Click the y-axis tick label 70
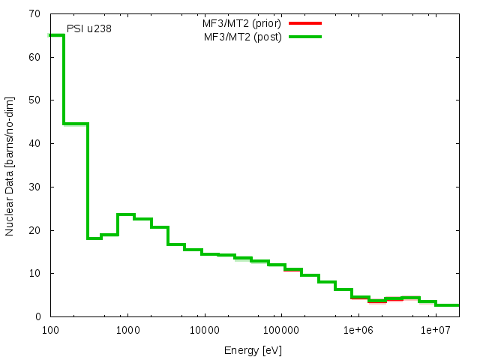pyautogui.click(x=35, y=13)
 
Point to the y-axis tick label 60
pyautogui.click(x=35, y=57)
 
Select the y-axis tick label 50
pyautogui.click(x=35, y=100)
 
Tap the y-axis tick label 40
pyautogui.click(x=35, y=143)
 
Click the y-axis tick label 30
pyautogui.click(x=35, y=187)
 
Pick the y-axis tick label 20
pyautogui.click(x=35, y=229)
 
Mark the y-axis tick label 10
pyautogui.click(x=35, y=273)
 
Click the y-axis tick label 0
pyautogui.click(x=38, y=316)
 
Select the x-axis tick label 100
pyautogui.click(x=50, y=330)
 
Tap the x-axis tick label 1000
pyautogui.click(x=127, y=330)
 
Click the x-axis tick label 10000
pyautogui.click(x=204, y=330)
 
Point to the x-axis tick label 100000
pyautogui.click(x=281, y=330)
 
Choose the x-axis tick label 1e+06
pyautogui.click(x=358, y=330)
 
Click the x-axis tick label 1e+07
pyautogui.click(x=435, y=330)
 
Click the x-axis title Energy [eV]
pyautogui.click(x=253, y=350)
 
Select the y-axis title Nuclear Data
pyautogui.click(x=10, y=166)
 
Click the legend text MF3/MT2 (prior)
pyautogui.click(x=236, y=23)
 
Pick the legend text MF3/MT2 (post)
pyautogui.click(x=243, y=37)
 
